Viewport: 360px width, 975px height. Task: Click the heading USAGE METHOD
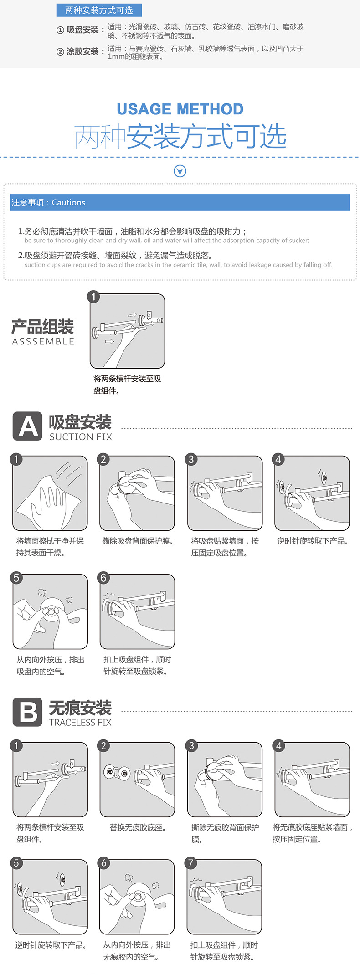tap(180, 109)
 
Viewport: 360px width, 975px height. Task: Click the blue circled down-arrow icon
tap(180, 171)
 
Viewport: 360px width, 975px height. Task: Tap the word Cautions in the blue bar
tap(68, 203)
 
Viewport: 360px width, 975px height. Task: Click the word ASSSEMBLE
tap(43, 342)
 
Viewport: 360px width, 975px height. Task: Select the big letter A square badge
tap(27, 426)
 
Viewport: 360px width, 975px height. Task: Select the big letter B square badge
tap(27, 712)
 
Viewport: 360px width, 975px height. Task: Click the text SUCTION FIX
tap(81, 437)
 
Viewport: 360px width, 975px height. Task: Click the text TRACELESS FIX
tap(80, 722)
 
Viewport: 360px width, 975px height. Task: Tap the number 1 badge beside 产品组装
tap(93, 297)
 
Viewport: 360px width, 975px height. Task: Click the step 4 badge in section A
tap(278, 459)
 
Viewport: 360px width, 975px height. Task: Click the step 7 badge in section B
tap(191, 862)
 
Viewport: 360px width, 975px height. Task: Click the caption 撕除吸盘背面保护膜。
tap(138, 541)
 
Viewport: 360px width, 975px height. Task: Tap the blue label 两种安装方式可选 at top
tap(99, 10)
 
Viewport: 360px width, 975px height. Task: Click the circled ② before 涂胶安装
tap(60, 52)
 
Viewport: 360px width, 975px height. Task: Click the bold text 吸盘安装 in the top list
tap(82, 30)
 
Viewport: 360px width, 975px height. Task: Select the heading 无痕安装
tap(80, 708)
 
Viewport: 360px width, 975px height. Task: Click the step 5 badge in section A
tap(16, 578)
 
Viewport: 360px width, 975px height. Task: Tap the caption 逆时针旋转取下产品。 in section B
tap(51, 945)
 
